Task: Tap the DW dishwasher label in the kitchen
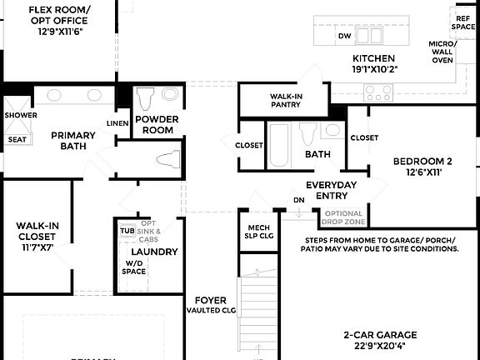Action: [x=344, y=37]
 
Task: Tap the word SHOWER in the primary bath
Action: [x=20, y=115]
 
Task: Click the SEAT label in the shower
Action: [x=17, y=140]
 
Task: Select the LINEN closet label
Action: [x=117, y=124]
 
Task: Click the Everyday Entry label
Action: [x=331, y=190]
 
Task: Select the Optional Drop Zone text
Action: [x=343, y=217]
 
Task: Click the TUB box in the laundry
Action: [x=127, y=230]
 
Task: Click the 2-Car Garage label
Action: [x=380, y=336]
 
